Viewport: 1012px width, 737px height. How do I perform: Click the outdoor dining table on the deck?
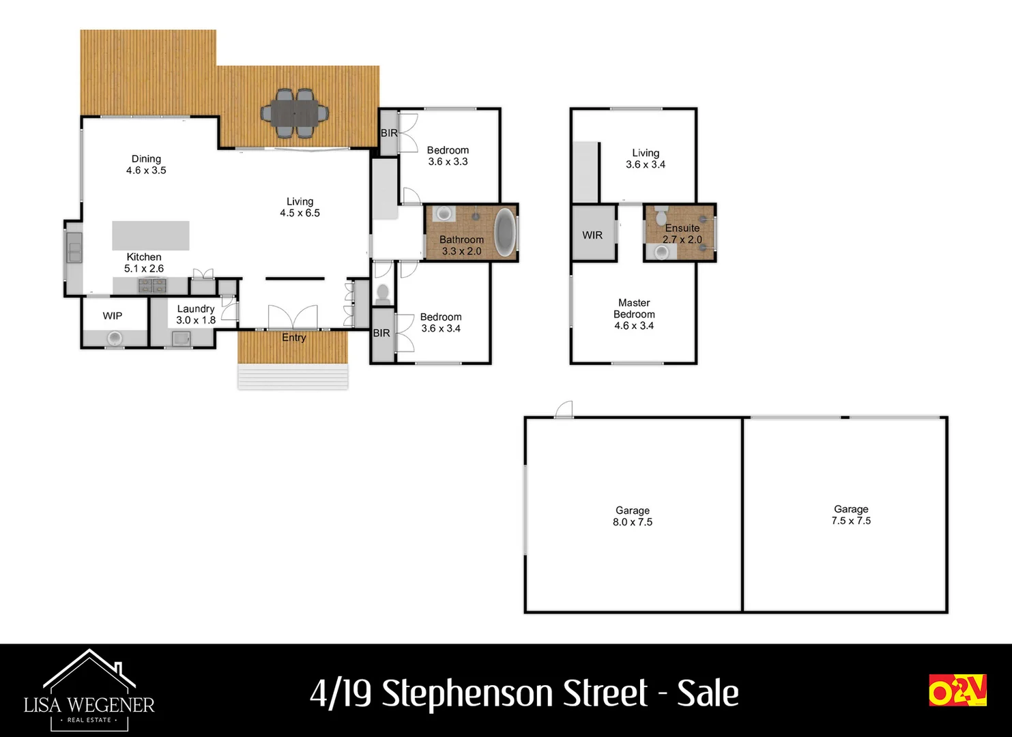coord(295,113)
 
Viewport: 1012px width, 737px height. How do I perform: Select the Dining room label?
coord(146,164)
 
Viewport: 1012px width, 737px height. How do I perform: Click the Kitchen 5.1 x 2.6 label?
coord(144,263)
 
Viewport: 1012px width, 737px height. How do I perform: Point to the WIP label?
coord(113,316)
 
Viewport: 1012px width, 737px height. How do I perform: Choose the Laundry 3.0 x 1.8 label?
coord(196,315)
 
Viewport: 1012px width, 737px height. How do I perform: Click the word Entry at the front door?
coord(294,338)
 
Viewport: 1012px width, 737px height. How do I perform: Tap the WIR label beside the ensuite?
coord(592,235)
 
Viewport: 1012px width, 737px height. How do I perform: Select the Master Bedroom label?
coord(634,314)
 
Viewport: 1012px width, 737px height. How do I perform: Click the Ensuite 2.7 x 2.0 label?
coord(682,233)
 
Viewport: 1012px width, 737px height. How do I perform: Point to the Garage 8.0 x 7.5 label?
coord(633,516)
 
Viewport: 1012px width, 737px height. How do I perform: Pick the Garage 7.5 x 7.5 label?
coord(851,515)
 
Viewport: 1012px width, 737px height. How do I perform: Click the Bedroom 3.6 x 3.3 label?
coord(448,156)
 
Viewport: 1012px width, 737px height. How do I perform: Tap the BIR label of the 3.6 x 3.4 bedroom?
coord(381,333)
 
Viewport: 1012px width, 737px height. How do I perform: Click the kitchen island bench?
coord(151,235)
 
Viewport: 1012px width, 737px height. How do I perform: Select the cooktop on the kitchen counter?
coord(152,285)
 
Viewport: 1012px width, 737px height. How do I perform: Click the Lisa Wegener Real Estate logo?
coord(89,691)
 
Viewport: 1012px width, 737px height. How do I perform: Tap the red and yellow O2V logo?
coord(957,690)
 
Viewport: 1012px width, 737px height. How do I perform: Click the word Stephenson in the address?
coord(515,693)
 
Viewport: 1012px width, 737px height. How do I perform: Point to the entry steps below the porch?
coord(293,377)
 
